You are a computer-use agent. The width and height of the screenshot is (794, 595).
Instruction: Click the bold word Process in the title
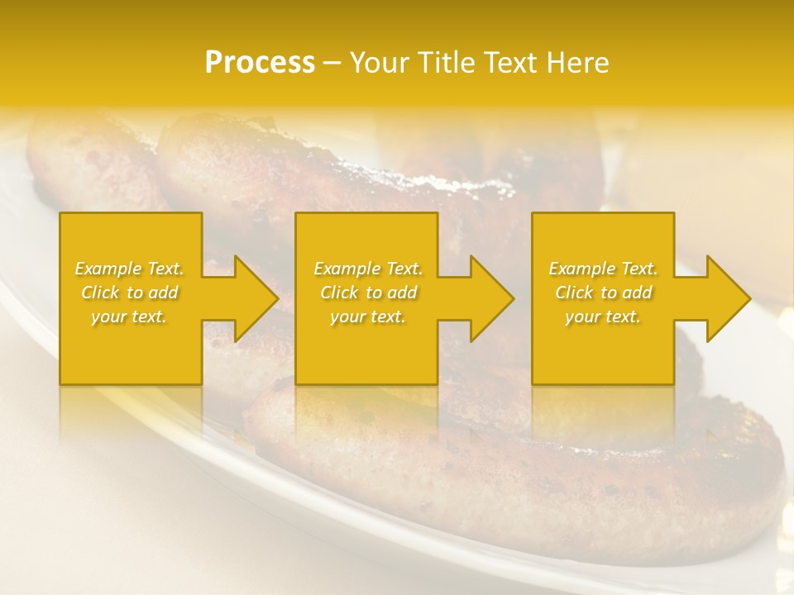click(x=260, y=63)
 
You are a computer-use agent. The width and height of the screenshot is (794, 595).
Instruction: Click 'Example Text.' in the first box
click(x=129, y=269)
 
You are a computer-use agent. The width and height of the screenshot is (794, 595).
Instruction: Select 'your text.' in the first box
click(x=129, y=317)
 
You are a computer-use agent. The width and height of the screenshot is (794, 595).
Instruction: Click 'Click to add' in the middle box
click(x=368, y=293)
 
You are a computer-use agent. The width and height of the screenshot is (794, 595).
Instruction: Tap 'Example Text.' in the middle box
click(x=368, y=269)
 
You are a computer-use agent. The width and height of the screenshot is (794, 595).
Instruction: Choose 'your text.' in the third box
click(x=603, y=317)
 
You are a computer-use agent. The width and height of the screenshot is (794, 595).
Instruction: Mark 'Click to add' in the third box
click(x=603, y=293)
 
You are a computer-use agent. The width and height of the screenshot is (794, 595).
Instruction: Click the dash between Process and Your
click(x=332, y=63)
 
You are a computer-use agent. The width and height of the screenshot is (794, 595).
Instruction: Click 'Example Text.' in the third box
click(x=603, y=269)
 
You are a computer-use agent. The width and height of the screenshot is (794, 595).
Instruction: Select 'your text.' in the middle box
click(x=368, y=317)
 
